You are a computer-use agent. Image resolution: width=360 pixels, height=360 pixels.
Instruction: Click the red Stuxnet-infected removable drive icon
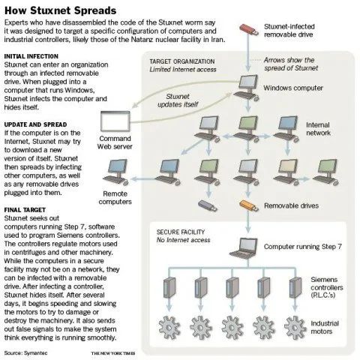pos(249,29)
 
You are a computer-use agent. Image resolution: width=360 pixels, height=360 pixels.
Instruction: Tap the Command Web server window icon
pos(115,121)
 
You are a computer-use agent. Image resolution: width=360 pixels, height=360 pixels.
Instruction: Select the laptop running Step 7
pos(244,247)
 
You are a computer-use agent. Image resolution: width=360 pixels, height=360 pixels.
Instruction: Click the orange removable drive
pos(249,205)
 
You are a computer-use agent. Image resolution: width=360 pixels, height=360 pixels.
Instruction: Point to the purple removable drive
pos(208,205)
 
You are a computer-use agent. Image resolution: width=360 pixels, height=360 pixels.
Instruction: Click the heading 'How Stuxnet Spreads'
pos(60,10)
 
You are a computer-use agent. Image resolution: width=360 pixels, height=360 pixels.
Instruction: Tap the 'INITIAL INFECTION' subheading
pos(31,56)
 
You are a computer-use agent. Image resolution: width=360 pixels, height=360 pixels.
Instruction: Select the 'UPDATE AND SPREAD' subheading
pos(35,124)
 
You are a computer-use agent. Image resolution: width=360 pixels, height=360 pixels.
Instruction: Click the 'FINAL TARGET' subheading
pos(25,210)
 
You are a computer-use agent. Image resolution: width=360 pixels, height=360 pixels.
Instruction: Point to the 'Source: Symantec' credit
pos(25,353)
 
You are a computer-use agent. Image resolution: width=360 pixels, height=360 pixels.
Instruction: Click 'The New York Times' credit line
pos(113,353)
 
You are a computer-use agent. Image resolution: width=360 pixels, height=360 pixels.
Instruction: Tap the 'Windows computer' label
pos(293,88)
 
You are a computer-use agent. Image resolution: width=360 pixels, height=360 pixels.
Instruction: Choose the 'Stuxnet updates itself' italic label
pos(178,100)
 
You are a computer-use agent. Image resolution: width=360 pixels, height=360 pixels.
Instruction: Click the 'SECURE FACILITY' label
pos(181,232)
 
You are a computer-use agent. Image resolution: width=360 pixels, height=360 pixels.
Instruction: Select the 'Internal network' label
pos(318,129)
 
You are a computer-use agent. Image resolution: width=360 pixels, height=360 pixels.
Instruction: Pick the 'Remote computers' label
pos(115,197)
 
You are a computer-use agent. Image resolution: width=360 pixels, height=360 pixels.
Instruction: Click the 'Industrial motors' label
pos(325,327)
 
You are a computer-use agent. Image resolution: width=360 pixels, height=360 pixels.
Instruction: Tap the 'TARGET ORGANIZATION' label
pos(182,61)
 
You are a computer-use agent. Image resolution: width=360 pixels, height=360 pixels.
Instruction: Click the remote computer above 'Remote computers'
pos(116,172)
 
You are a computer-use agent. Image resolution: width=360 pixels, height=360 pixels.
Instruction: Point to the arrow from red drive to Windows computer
pos(248,52)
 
